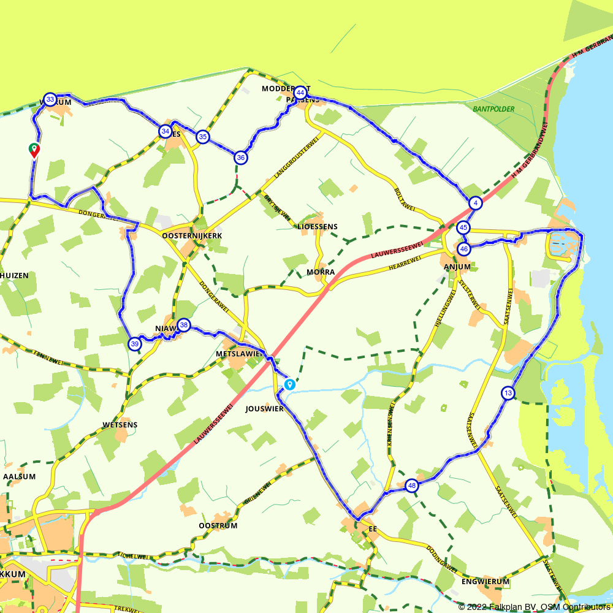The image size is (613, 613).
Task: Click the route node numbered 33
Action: [x=50, y=99]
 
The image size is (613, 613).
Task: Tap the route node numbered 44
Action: [x=300, y=93]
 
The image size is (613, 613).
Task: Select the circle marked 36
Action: [x=241, y=158]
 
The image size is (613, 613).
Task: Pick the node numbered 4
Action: [x=476, y=203]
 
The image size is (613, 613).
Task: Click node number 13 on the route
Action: [x=508, y=393]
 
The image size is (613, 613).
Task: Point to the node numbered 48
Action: [x=411, y=486]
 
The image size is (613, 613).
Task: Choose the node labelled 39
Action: [x=134, y=344]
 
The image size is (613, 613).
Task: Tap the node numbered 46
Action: [x=464, y=249]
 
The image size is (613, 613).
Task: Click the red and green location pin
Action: [x=34, y=150]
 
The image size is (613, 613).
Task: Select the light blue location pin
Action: [x=289, y=385]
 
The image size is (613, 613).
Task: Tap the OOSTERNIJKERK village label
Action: [x=192, y=235]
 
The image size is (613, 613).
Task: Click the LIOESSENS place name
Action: [x=317, y=226]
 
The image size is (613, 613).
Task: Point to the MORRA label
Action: [x=321, y=272]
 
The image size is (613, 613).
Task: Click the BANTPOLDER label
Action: [x=493, y=109]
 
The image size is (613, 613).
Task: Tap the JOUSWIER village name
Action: [x=264, y=408]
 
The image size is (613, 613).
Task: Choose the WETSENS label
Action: [x=120, y=424]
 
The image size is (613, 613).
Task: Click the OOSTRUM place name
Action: [x=218, y=526]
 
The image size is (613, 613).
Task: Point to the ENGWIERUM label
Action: [x=485, y=581]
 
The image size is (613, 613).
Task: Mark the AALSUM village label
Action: [x=20, y=476]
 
